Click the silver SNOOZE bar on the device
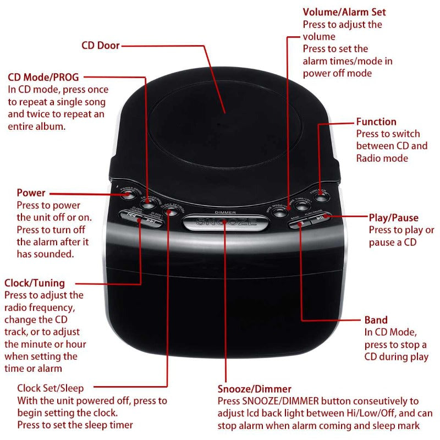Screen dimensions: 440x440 point(226,223)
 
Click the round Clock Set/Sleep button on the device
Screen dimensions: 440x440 point(172,210)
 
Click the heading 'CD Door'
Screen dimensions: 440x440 point(101,46)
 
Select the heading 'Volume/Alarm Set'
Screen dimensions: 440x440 point(344,12)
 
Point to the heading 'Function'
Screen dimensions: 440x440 point(376,122)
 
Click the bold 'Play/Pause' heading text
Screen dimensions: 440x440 point(393,218)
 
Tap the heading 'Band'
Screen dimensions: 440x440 point(376,320)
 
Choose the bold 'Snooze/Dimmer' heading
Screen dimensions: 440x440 point(254,389)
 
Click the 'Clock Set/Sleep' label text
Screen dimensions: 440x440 point(51,388)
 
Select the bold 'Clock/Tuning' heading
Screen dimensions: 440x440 point(35,283)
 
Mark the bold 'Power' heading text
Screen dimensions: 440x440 point(31,193)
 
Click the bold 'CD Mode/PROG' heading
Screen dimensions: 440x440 point(43,77)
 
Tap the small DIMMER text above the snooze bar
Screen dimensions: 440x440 point(226,211)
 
